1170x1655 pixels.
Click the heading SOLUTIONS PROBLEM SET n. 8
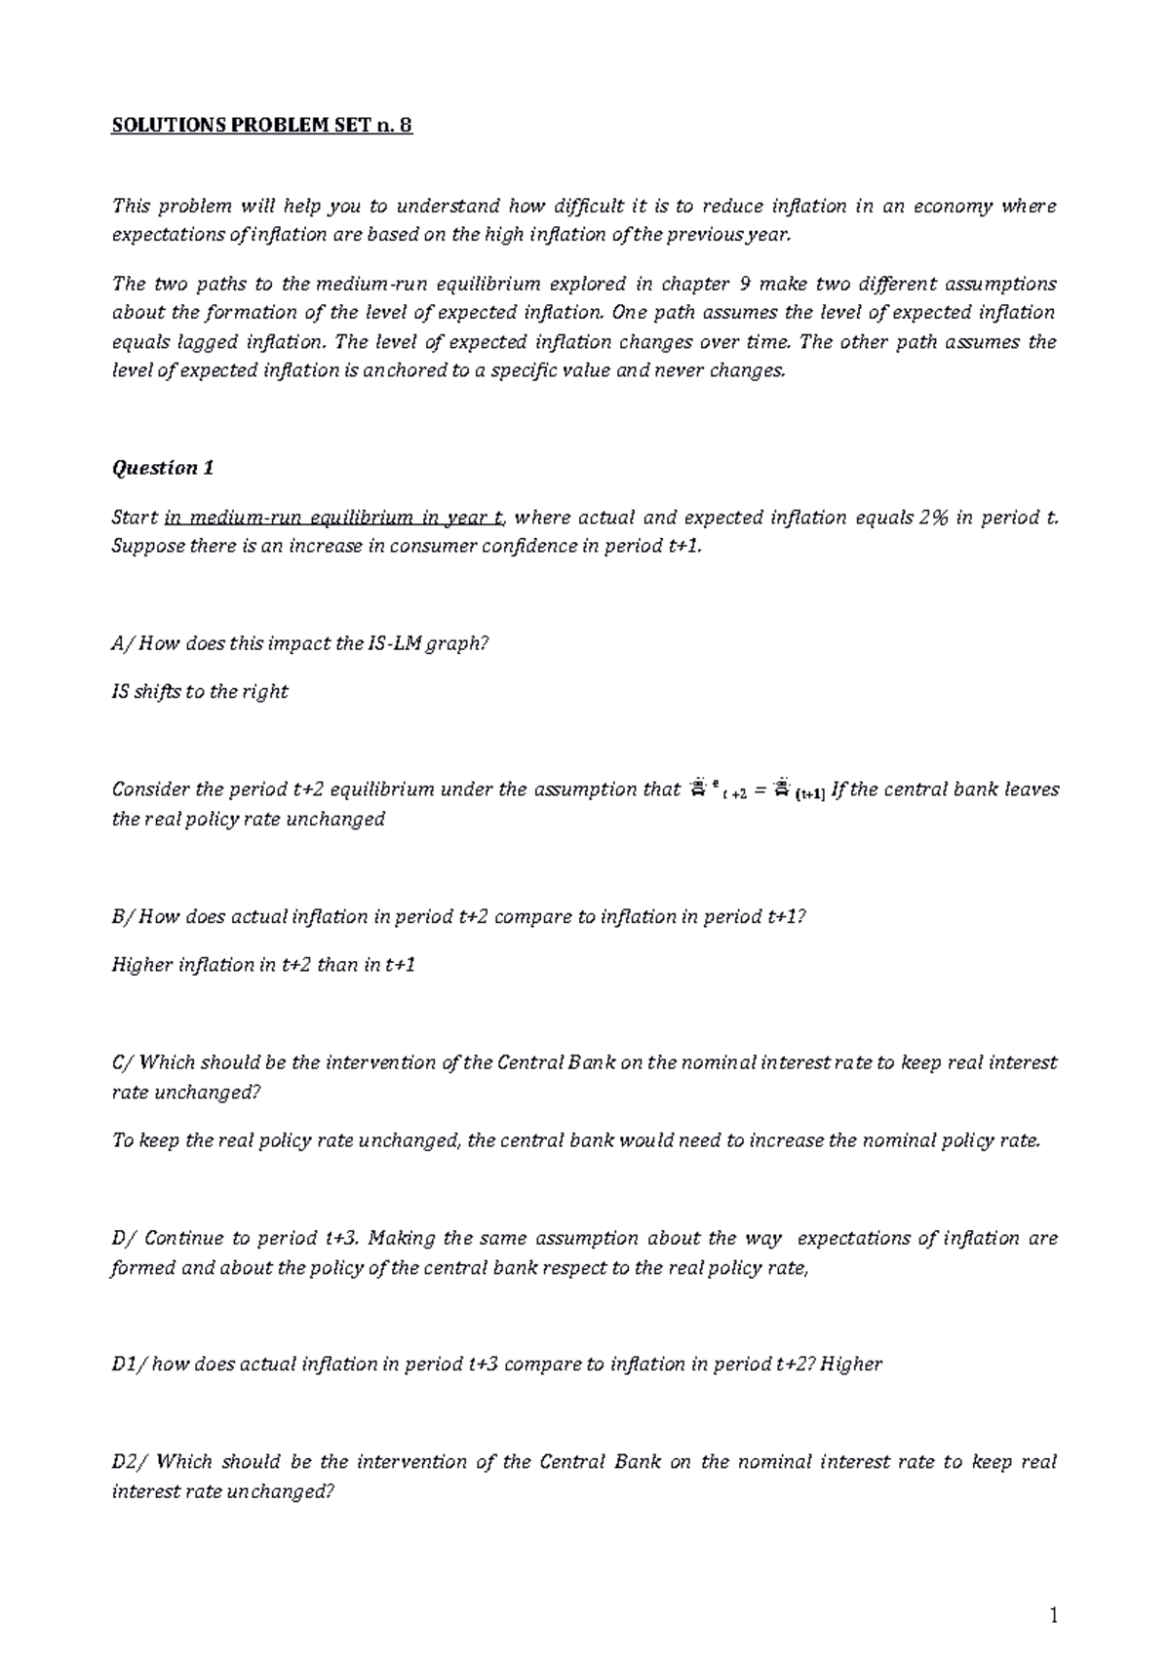262,127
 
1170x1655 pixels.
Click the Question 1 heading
163,468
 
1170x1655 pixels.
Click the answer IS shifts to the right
200,692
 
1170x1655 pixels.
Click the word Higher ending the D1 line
851,1365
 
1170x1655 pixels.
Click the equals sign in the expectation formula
760,791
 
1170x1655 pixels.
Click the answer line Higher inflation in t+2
263,965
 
